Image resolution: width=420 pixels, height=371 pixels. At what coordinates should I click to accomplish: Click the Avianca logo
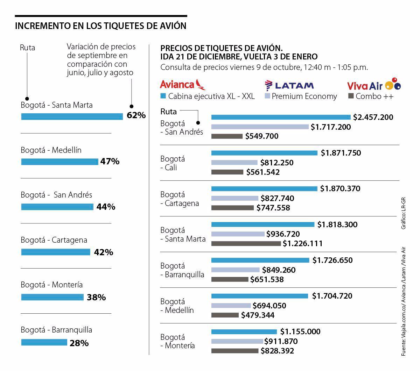[x=182, y=85]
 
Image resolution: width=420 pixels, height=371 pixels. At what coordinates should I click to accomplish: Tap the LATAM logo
[x=289, y=85]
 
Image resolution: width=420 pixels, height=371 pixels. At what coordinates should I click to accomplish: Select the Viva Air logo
[x=373, y=85]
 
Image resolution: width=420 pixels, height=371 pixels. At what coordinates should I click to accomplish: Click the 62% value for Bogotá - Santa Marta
[x=136, y=115]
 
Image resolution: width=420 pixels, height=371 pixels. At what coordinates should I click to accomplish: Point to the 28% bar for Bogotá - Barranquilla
[x=44, y=342]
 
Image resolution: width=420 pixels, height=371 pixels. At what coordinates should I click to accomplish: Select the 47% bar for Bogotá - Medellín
[x=59, y=162]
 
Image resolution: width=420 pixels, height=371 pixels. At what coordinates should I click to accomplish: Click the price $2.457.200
[x=373, y=117]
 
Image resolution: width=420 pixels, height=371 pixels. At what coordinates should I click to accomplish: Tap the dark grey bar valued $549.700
[x=227, y=136]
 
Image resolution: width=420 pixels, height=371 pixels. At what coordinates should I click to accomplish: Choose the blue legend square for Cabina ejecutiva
[x=163, y=96]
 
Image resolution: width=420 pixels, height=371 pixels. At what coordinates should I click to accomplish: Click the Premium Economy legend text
[x=304, y=96]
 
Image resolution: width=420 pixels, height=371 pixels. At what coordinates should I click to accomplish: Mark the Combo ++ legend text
[x=374, y=96]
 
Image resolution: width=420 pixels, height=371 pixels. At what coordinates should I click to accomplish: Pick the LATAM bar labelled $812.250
[x=234, y=163]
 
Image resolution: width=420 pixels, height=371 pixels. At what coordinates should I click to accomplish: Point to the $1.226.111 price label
[x=302, y=243]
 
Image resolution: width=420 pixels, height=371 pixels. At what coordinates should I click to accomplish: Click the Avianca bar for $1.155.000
[x=244, y=331]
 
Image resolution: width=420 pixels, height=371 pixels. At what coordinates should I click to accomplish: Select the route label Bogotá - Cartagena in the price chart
[x=180, y=199]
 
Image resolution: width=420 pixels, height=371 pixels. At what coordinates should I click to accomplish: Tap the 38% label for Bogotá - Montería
[x=96, y=298]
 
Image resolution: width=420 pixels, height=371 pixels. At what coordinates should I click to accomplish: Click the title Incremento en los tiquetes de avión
[x=101, y=26]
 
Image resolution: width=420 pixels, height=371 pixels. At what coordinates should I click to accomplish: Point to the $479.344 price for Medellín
[x=258, y=315]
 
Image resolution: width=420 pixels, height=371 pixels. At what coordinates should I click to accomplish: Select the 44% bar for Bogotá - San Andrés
[x=57, y=207]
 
